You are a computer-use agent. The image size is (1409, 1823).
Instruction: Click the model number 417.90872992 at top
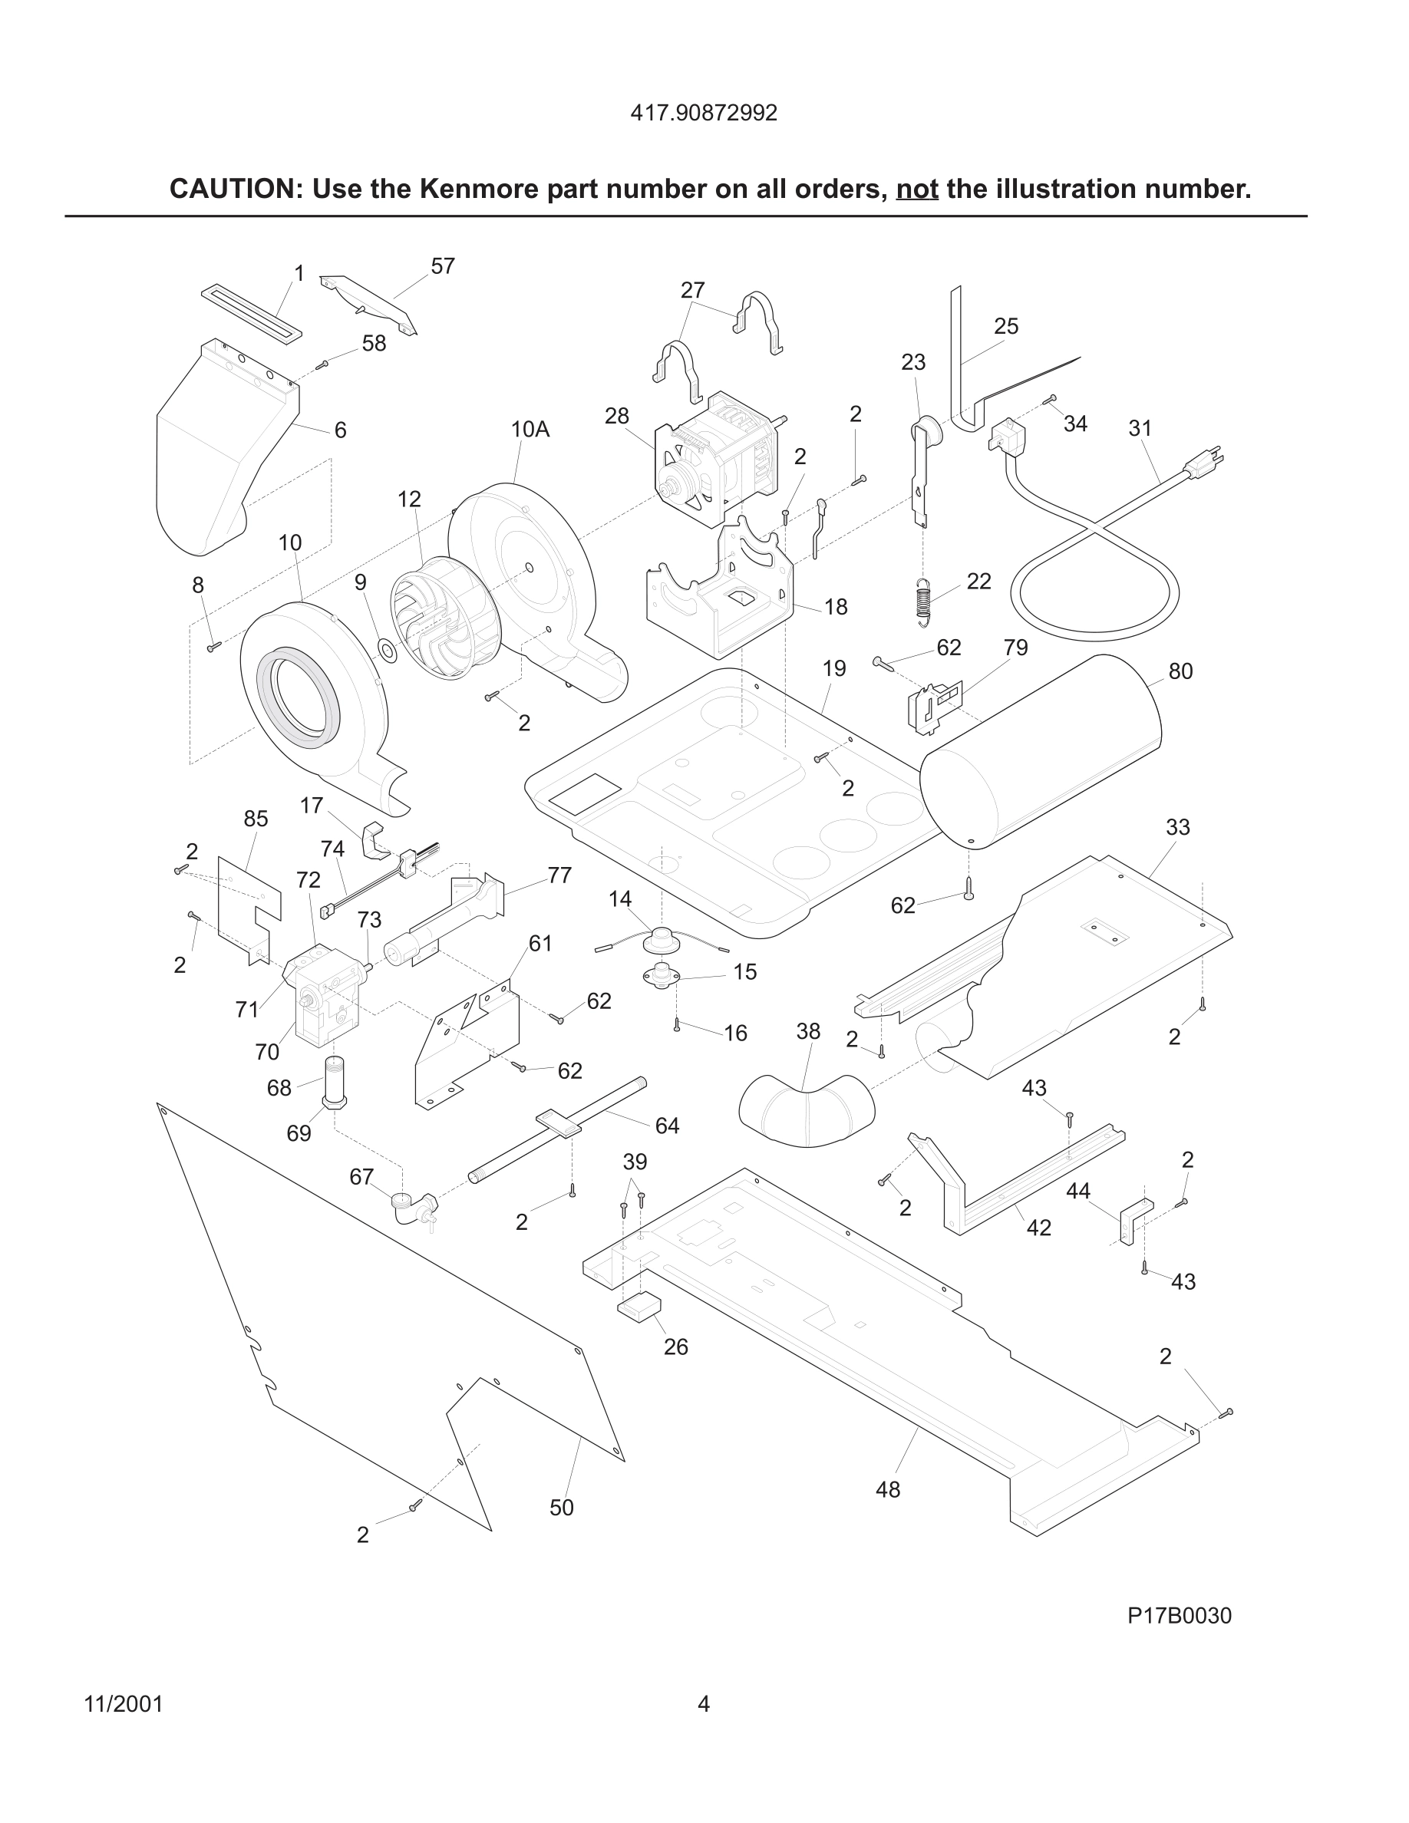pyautogui.click(x=704, y=113)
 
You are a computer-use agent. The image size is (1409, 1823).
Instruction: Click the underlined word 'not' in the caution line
pyautogui.click(x=916, y=190)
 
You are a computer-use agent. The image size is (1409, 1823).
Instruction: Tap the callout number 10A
pyautogui.click(x=530, y=430)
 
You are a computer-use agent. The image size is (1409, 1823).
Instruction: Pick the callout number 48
pyautogui.click(x=887, y=1490)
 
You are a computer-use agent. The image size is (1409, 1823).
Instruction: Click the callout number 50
pyautogui.click(x=562, y=1508)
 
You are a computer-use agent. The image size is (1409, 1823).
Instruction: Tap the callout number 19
pyautogui.click(x=834, y=668)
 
